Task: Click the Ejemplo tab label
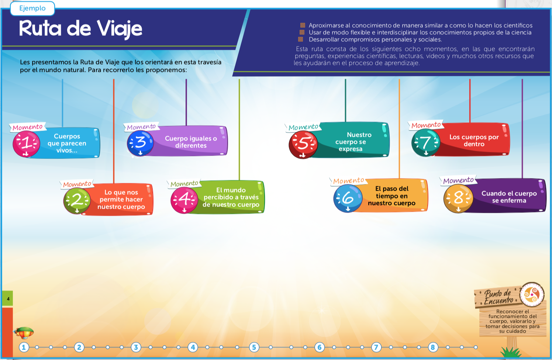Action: [x=32, y=8]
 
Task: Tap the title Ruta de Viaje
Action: [x=80, y=29]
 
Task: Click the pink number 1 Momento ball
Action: [x=26, y=143]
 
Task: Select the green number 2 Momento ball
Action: [x=77, y=200]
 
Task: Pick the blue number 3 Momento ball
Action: [x=141, y=143]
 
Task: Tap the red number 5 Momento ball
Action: [x=303, y=145]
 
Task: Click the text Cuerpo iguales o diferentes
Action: [x=191, y=142]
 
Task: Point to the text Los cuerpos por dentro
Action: [x=474, y=141]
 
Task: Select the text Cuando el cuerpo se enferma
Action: [x=509, y=197]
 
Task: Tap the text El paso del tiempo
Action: [x=391, y=192]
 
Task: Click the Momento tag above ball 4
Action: [x=184, y=184]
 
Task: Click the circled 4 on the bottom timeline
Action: [x=193, y=347]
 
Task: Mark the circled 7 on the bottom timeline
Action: [x=376, y=347]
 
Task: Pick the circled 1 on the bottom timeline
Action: [x=24, y=347]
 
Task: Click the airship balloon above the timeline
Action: [x=24, y=333]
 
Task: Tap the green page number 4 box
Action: [x=8, y=299]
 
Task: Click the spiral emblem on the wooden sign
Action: [x=532, y=294]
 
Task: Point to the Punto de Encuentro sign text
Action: [x=498, y=297]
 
